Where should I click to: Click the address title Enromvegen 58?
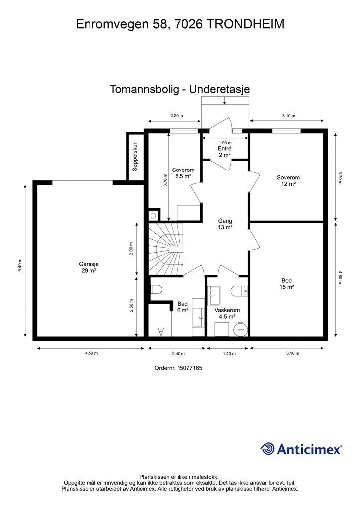[x=180, y=24]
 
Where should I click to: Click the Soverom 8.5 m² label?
[x=183, y=172]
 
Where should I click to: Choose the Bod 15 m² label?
[x=287, y=284]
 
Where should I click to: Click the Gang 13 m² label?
[x=225, y=224]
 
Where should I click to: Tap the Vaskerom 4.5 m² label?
[x=227, y=313]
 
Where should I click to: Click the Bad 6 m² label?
[x=182, y=307]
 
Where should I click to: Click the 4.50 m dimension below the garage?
[x=90, y=354]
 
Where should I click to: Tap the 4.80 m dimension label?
[x=341, y=279]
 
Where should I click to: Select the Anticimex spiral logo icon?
[x=268, y=449]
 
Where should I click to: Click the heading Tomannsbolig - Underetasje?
[x=180, y=89]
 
